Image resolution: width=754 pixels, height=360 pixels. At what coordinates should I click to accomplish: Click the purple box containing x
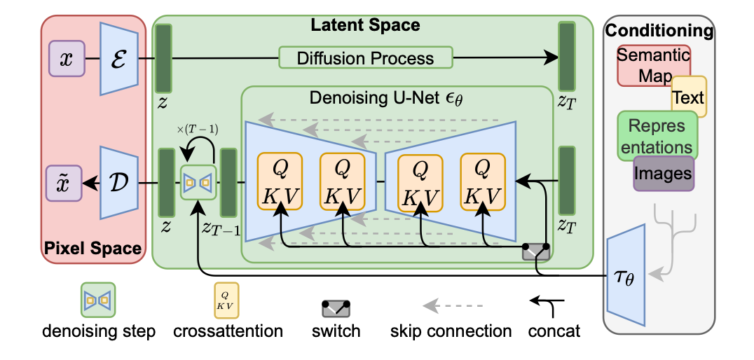coord(66,57)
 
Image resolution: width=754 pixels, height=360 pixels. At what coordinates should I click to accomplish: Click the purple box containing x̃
coord(66,183)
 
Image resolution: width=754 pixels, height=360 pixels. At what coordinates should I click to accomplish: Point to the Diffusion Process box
coord(365,57)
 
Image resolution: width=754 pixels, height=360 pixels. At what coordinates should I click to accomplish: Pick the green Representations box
coord(655,136)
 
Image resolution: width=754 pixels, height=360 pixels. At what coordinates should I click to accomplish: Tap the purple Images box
coord(664,172)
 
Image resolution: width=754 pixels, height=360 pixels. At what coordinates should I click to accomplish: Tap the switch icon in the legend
coord(335,307)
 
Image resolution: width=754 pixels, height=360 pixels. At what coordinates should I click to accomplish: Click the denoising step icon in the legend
coord(97,300)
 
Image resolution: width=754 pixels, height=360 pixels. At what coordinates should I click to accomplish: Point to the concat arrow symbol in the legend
coord(543,303)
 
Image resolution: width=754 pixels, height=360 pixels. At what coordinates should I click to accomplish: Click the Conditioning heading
coord(659,31)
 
